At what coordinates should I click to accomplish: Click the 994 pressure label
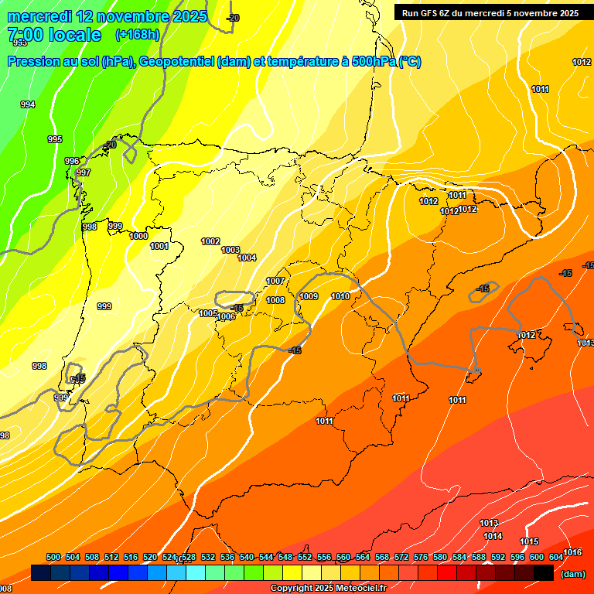click(x=27, y=104)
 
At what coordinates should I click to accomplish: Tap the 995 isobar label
click(x=55, y=139)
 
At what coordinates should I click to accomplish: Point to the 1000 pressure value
click(x=139, y=236)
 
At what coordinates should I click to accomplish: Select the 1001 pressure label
click(x=159, y=246)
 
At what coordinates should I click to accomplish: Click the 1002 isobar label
click(x=210, y=241)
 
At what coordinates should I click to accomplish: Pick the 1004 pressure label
click(x=247, y=258)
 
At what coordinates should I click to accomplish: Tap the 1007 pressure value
click(x=275, y=281)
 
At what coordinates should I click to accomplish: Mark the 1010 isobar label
click(x=340, y=296)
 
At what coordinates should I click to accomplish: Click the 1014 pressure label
click(x=493, y=536)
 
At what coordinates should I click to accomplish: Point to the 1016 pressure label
click(x=572, y=552)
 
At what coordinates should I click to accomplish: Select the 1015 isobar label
click(x=529, y=541)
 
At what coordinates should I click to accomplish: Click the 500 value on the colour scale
click(x=53, y=557)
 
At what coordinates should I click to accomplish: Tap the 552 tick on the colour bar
click(x=305, y=557)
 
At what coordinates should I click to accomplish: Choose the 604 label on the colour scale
click(x=556, y=557)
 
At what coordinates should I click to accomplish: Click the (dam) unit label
click(x=572, y=574)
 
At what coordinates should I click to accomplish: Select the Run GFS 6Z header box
click(x=490, y=12)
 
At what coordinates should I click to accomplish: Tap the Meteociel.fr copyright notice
click(x=328, y=589)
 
